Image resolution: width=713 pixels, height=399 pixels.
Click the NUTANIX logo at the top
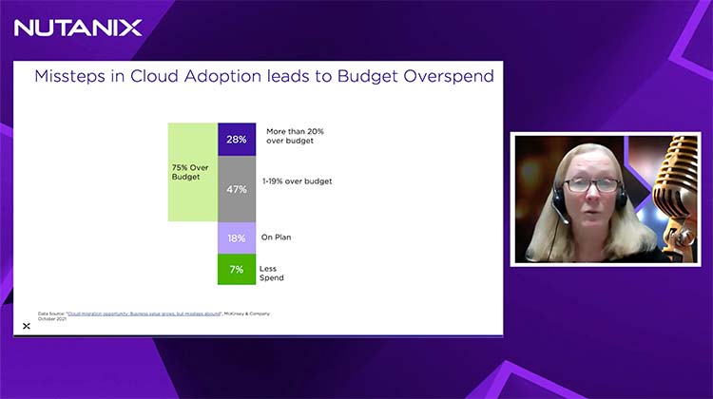tap(78, 27)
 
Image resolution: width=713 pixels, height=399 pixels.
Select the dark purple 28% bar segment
tap(237, 140)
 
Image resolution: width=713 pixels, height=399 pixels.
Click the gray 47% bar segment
tap(237, 189)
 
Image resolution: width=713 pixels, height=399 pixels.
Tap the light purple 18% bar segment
tap(237, 237)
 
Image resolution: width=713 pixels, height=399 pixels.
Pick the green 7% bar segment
tap(237, 270)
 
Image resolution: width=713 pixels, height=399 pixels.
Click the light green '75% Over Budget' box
tap(192, 172)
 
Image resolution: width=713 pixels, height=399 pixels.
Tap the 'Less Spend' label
tap(274, 274)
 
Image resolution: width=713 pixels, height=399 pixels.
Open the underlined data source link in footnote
tap(132, 313)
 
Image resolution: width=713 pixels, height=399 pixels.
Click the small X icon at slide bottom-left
tap(26, 326)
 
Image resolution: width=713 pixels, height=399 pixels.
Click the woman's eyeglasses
tap(592, 185)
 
